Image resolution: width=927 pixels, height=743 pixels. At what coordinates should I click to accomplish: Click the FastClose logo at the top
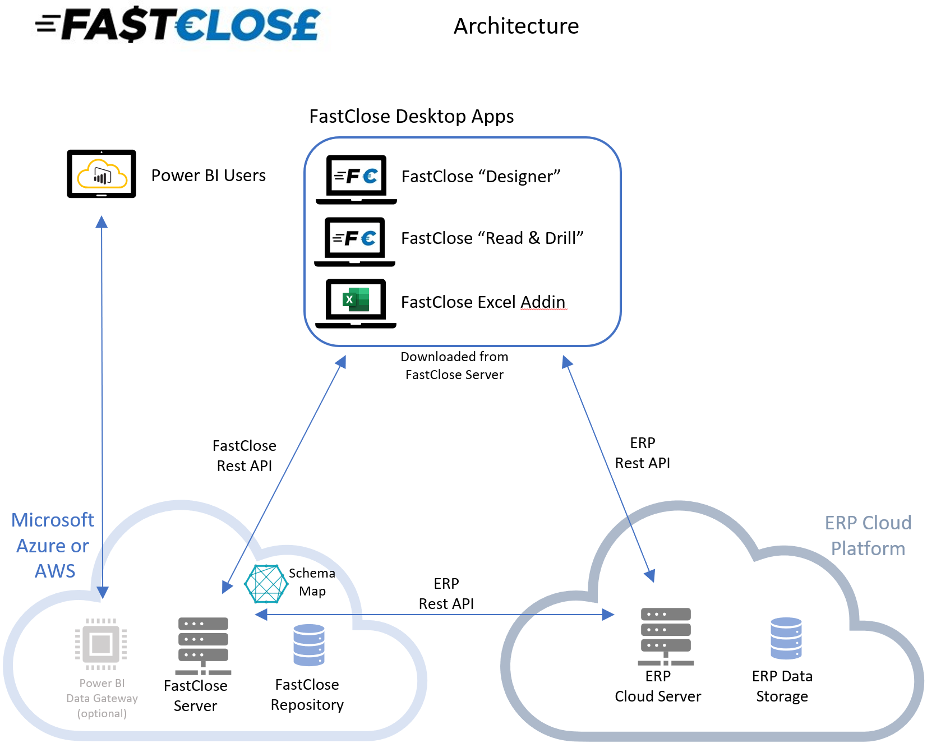[178, 25]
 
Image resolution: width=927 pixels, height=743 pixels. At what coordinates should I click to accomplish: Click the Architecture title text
[516, 26]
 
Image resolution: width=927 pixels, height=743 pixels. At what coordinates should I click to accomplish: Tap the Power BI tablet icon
[102, 174]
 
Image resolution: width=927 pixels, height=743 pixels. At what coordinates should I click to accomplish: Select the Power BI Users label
[208, 176]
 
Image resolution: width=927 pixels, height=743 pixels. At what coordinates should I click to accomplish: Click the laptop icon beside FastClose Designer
[356, 179]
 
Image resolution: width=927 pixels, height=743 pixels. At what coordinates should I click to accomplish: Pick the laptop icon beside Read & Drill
[355, 241]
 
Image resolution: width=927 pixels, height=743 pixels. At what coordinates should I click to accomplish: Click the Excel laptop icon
[356, 302]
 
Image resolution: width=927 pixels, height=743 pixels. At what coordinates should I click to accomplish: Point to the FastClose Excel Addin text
[483, 302]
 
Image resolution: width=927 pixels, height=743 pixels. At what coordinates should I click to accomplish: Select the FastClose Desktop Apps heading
[411, 116]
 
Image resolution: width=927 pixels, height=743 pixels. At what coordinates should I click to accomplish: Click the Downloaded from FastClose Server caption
[454, 366]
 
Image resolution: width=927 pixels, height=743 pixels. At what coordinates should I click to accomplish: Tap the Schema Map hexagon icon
[266, 584]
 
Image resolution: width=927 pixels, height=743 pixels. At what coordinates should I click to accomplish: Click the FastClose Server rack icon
[203, 645]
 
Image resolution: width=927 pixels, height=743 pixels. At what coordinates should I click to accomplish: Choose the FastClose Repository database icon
[309, 645]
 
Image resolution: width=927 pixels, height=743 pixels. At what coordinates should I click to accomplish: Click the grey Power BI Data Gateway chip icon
[101, 644]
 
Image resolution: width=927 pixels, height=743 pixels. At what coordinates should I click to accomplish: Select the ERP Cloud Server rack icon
[666, 635]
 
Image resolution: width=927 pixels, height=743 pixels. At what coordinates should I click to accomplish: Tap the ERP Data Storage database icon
[786, 638]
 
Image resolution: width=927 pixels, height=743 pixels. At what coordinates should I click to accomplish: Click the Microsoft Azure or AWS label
[53, 545]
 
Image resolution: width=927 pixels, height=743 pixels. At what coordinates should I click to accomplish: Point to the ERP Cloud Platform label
[868, 536]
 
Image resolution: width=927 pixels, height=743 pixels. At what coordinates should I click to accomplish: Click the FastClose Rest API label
[244, 455]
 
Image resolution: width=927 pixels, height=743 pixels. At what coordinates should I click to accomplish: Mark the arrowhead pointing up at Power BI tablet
[102, 222]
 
